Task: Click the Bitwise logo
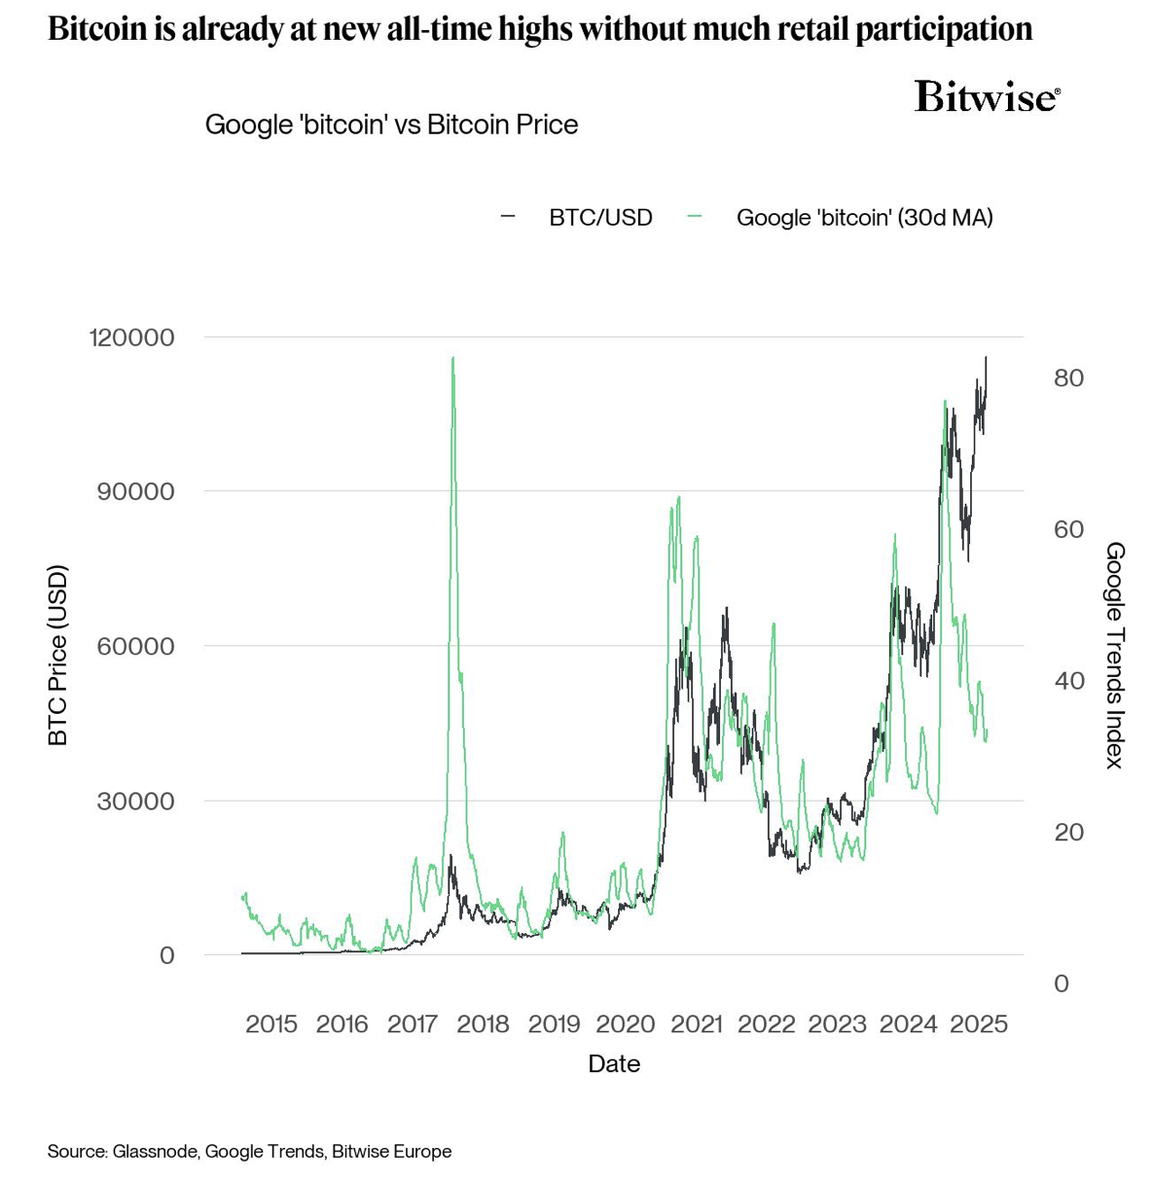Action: pyautogui.click(x=987, y=97)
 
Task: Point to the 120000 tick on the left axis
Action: pyautogui.click(x=131, y=338)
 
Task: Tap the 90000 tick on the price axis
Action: pyautogui.click(x=135, y=491)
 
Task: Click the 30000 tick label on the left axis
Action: pyautogui.click(x=135, y=801)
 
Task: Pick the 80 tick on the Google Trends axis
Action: pyautogui.click(x=1068, y=377)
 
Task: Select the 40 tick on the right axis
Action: pyautogui.click(x=1068, y=680)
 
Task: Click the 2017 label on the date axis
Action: pyautogui.click(x=413, y=1023)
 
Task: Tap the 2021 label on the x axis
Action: pyautogui.click(x=696, y=1023)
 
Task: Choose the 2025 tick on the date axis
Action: pyautogui.click(x=979, y=1023)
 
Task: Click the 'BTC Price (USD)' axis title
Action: pyautogui.click(x=58, y=655)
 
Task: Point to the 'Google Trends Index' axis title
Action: pyautogui.click(x=1115, y=655)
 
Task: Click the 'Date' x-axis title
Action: pyautogui.click(x=614, y=1063)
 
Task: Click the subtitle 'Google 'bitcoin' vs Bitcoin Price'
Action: pyautogui.click(x=391, y=125)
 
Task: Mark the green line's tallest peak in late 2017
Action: pyautogui.click(x=452, y=358)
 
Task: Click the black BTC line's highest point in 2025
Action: pyautogui.click(x=986, y=357)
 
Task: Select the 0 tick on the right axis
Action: pyautogui.click(x=1062, y=984)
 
